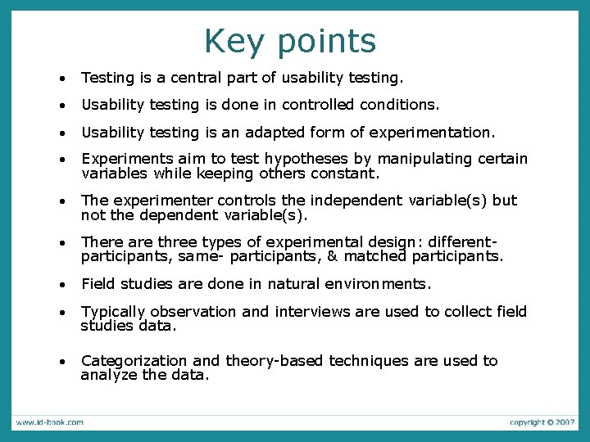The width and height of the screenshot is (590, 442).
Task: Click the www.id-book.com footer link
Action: pyautogui.click(x=48, y=422)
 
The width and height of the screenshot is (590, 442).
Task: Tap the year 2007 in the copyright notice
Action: pyautogui.click(x=565, y=422)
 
